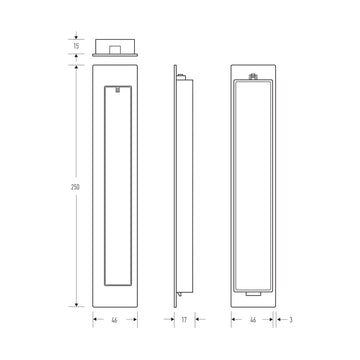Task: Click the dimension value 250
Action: point(76,187)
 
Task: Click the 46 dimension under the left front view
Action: point(117,321)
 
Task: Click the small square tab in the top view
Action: point(117,46)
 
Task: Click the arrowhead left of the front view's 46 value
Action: point(96,321)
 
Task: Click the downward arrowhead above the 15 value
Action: point(76,36)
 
